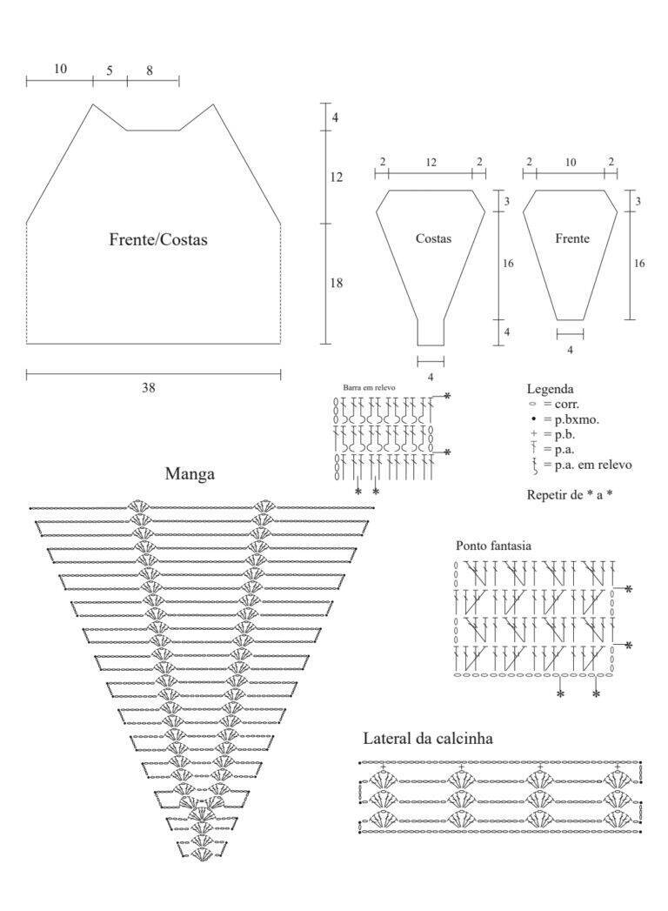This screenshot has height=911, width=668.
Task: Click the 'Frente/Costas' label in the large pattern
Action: tap(158, 239)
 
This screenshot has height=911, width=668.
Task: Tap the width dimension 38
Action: tap(149, 387)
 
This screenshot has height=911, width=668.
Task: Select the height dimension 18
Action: tap(337, 283)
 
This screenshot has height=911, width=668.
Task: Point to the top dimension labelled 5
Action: tap(110, 70)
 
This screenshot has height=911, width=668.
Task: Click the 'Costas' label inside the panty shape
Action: tap(433, 238)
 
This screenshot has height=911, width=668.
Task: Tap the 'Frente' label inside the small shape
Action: tap(572, 238)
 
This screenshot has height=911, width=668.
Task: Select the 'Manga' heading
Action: tap(190, 473)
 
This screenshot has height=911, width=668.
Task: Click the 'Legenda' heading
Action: tap(550, 389)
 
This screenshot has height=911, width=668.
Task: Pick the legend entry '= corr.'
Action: tap(561, 404)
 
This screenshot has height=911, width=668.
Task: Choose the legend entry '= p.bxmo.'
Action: tap(571, 419)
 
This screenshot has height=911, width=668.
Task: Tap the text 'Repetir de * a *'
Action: tap(570, 495)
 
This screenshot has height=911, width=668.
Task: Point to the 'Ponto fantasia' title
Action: tap(493, 546)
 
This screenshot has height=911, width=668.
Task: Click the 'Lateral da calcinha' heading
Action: tap(428, 739)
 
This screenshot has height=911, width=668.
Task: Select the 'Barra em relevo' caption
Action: tap(370, 387)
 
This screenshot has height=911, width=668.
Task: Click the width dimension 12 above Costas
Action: tap(431, 163)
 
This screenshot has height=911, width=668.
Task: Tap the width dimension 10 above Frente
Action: tap(571, 163)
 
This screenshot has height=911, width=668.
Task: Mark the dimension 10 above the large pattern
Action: tap(60, 69)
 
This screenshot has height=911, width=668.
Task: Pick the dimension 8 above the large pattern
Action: tap(150, 70)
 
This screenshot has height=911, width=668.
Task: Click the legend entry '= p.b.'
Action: tap(559, 434)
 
